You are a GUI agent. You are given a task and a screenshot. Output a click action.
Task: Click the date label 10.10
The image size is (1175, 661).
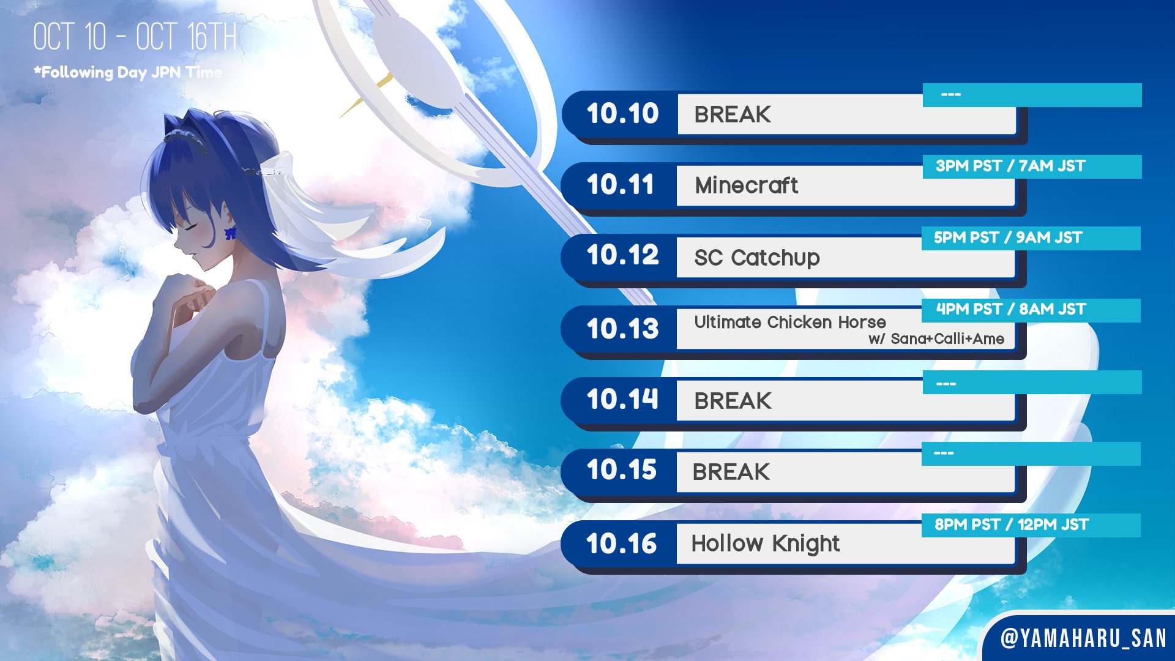622,113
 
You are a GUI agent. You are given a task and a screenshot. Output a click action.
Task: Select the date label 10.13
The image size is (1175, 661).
622,329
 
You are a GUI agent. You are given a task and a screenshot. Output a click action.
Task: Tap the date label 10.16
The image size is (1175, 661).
621,543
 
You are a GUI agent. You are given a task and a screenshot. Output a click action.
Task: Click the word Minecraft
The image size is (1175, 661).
746,185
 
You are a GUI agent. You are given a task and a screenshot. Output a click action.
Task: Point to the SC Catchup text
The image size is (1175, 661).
757,258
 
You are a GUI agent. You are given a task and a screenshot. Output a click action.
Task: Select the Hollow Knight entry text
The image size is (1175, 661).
766,543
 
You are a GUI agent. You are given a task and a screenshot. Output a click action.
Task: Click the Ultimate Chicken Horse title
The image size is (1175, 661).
790,322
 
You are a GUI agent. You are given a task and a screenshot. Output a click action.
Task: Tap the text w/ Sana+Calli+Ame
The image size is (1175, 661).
936,338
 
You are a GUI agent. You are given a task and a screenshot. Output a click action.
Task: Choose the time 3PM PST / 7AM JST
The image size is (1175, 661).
1010,166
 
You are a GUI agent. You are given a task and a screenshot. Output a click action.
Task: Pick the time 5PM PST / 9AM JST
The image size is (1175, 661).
1008,237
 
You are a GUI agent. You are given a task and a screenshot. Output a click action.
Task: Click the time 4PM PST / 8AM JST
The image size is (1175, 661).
1011,309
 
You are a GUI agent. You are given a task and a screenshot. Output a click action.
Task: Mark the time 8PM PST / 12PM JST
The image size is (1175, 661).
1012,525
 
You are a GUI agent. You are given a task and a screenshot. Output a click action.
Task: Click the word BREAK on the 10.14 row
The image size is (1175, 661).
733,401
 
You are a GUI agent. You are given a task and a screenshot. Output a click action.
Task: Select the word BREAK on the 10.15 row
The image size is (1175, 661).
731,472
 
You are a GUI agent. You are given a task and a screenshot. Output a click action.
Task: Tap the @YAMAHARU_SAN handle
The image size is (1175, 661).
1083,638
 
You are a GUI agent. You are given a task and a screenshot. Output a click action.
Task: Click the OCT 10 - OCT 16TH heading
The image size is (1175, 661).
135,37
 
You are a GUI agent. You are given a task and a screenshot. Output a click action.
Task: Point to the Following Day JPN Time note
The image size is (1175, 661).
128,72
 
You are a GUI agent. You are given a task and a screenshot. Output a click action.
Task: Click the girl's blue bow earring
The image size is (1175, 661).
231,233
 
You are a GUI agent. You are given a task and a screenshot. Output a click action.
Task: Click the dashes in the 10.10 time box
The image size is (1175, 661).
951,95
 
